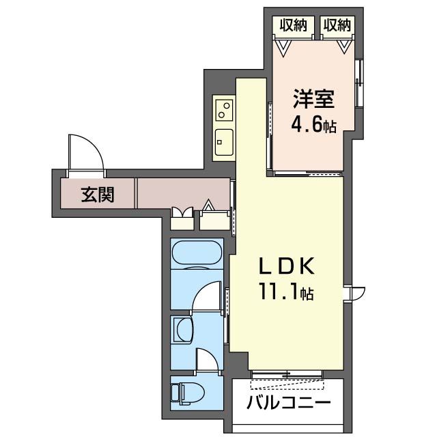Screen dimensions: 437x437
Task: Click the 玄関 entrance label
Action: click(x=98, y=195)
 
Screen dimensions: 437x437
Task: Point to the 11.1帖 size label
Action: click(x=285, y=294)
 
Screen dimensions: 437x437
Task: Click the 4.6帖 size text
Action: click(x=313, y=126)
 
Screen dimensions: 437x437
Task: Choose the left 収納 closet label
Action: click(x=292, y=25)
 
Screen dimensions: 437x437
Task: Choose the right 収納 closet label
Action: click(x=337, y=25)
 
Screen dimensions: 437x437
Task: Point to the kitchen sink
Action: click(x=223, y=141)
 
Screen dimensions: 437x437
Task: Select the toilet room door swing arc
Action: click(x=208, y=360)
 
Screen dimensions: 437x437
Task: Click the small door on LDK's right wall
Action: click(x=356, y=293)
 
